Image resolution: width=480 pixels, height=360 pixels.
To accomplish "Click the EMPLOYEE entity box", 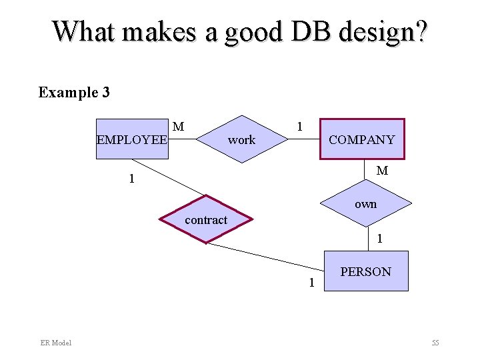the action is pos(132,139).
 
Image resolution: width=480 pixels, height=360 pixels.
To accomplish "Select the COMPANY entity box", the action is pos(362,139).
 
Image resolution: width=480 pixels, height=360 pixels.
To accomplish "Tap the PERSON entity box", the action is pos(366,271).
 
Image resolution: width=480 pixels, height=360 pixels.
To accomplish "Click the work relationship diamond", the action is pos(241,140).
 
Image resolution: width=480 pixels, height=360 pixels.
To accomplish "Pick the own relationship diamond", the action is pos(366,204).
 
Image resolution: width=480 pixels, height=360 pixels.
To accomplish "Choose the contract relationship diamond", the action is pos(206,219).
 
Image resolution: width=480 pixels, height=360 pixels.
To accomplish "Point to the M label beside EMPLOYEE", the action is pos(178,126).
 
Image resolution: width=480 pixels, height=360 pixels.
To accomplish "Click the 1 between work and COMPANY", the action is pos(300,126).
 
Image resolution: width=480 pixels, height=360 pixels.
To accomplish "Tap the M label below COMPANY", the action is pos(382,171).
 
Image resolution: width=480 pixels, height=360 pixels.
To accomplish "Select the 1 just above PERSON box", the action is pos(379,238).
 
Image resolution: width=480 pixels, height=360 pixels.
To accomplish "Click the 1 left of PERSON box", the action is pos(311,283).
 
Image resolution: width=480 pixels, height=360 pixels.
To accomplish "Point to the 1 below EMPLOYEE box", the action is pos(132,179).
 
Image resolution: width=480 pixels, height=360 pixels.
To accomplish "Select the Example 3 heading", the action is pos(74,92).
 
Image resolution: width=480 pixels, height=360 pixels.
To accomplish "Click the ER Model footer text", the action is pos(55,343).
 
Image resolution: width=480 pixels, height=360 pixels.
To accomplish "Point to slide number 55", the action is pos(435,343).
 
